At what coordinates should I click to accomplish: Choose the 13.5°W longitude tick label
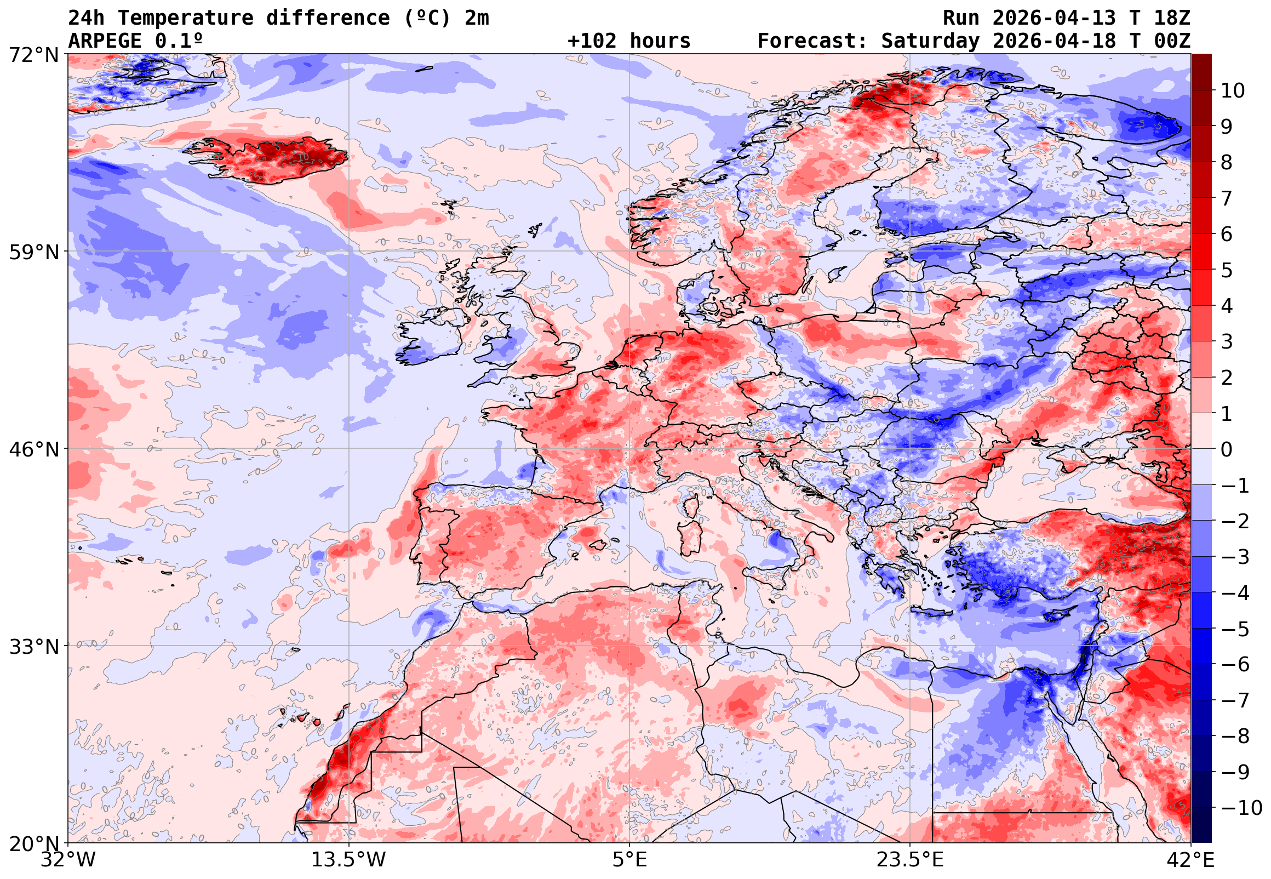pos(349,860)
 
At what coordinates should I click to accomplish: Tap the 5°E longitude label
pos(629,860)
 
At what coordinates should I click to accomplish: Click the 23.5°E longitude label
pos(910,860)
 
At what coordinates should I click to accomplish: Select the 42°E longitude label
pos(1190,860)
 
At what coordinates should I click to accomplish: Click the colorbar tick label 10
pos(1233,91)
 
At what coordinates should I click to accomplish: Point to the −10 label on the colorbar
pos(1241,808)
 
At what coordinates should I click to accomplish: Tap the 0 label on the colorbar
pos(1227,449)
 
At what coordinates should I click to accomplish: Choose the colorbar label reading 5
pos(1227,270)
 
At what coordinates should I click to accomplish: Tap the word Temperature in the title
pos(185,18)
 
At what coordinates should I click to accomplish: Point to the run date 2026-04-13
pos(1054,18)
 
